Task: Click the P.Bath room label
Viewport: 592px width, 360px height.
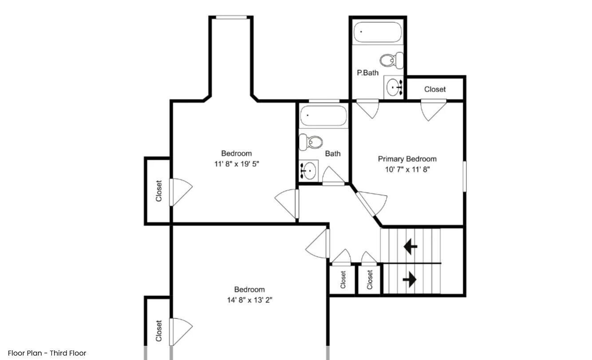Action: pyautogui.click(x=368, y=73)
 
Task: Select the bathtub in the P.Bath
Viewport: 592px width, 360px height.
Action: pyautogui.click(x=377, y=32)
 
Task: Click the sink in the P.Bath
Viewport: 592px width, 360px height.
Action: pyautogui.click(x=394, y=88)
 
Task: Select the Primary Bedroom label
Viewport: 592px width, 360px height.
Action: pyautogui.click(x=407, y=159)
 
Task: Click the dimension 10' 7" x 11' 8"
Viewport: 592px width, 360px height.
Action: pyautogui.click(x=407, y=169)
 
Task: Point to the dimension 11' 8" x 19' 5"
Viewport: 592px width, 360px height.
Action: pyautogui.click(x=237, y=164)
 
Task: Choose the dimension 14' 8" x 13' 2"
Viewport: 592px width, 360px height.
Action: pyautogui.click(x=249, y=300)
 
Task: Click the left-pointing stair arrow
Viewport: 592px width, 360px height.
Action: pyautogui.click(x=410, y=246)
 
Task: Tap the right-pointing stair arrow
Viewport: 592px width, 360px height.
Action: pyautogui.click(x=410, y=279)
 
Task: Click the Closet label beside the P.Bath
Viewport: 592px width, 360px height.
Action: pyautogui.click(x=435, y=89)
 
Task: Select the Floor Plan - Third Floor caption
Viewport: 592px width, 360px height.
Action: pyautogui.click(x=47, y=353)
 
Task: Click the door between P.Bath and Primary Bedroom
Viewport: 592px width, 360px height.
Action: pyautogui.click(x=367, y=107)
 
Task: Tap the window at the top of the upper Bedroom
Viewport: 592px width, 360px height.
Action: pyautogui.click(x=231, y=17)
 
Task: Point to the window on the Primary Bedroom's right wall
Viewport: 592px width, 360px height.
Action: pyautogui.click(x=465, y=176)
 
